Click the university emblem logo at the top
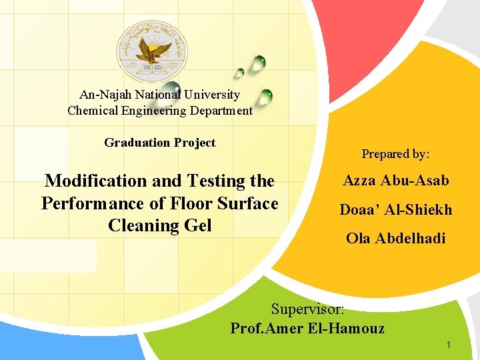click(153, 50)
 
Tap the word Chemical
click(93, 111)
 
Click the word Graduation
click(137, 143)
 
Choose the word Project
click(195, 143)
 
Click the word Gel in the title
click(197, 225)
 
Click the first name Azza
click(361, 180)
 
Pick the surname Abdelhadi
click(411, 238)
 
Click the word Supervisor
click(308, 309)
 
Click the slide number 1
click(449, 345)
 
